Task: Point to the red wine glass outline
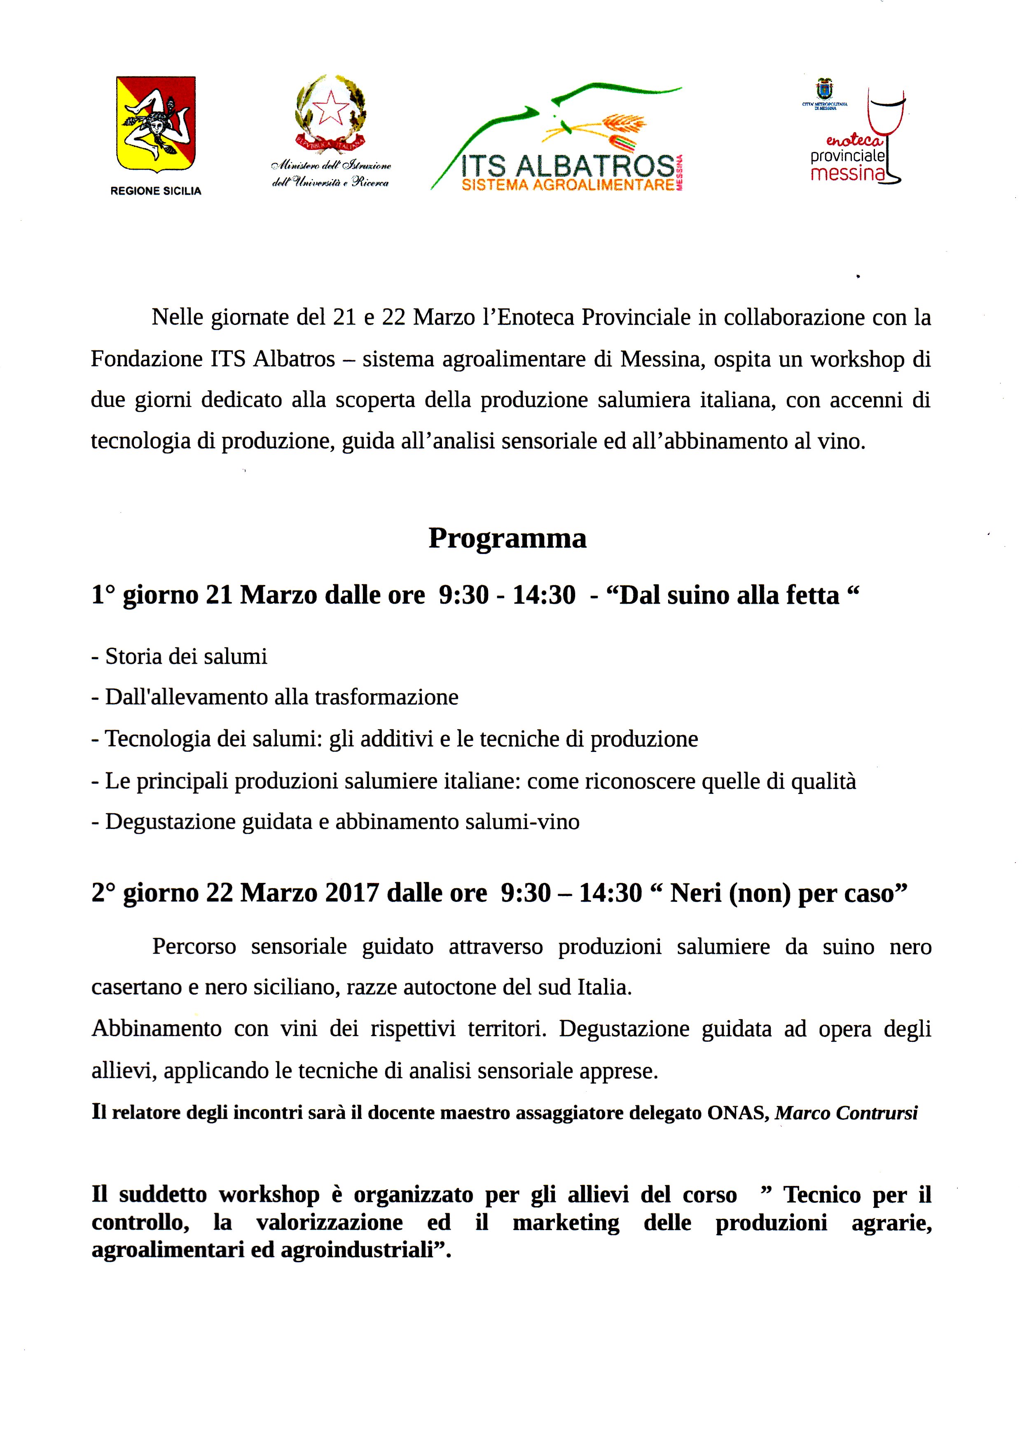(885, 135)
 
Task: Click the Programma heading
(507, 539)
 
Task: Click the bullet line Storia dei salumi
(180, 656)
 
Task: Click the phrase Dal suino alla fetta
(730, 595)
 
